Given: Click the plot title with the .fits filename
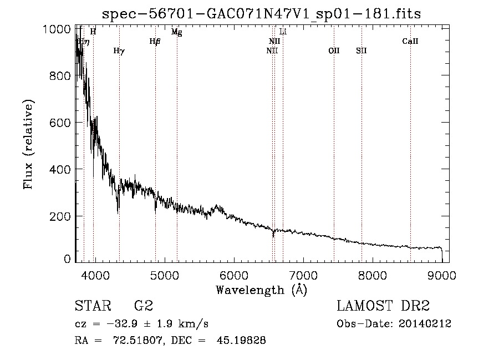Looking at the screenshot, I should click(262, 13).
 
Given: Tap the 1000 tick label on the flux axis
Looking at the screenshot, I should click(57, 29).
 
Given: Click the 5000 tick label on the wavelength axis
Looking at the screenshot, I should click(164, 275).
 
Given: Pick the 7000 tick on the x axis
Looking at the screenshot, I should click(303, 275).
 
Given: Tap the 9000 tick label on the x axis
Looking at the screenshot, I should click(442, 275).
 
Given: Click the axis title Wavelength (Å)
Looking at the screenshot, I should click(261, 290).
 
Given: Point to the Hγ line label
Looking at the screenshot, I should click(119, 51).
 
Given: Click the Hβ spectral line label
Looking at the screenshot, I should click(155, 41).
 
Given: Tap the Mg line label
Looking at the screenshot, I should click(176, 32).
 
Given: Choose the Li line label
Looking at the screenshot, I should click(283, 32).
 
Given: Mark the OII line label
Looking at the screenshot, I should click(334, 51).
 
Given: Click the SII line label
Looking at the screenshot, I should click(361, 51).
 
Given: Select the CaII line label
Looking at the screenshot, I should click(410, 41).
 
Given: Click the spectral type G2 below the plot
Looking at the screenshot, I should click(144, 306).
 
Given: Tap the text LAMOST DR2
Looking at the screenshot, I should click(383, 306).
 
